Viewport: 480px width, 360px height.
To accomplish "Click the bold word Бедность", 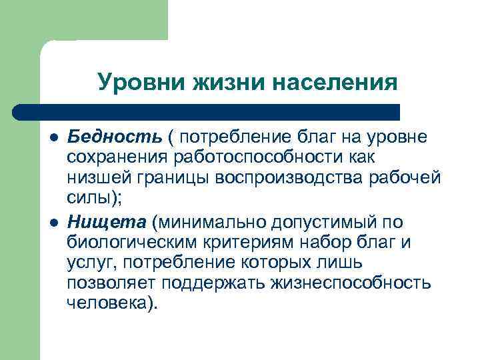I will (x=113, y=137).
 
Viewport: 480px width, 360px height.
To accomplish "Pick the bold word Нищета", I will (x=107, y=221).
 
